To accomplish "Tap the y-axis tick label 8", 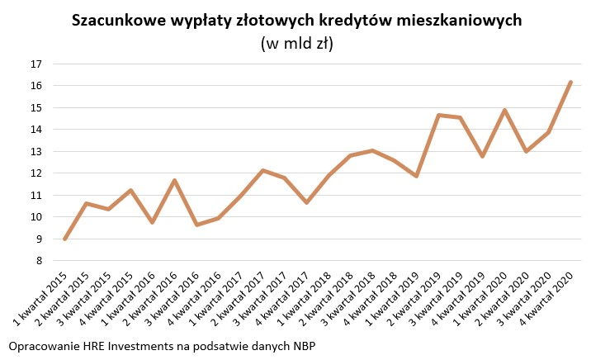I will tap(37, 261).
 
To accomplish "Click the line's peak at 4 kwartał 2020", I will tap(570, 82).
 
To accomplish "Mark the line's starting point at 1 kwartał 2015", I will tap(64, 239).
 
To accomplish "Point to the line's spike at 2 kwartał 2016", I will tap(174, 180).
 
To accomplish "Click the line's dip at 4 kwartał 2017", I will tap(306, 202).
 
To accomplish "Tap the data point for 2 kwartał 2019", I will tap(438, 115).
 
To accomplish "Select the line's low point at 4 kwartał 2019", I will tap(482, 156).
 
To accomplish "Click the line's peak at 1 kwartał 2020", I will tap(504, 110).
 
